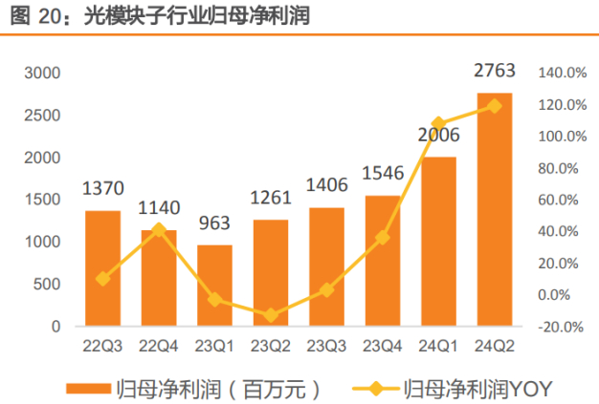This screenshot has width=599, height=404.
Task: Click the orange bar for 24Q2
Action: (x=494, y=210)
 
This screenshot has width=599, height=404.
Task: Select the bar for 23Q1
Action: (x=214, y=286)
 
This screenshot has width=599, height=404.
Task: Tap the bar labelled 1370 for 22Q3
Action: (x=102, y=268)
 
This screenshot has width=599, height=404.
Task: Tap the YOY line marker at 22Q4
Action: (x=159, y=230)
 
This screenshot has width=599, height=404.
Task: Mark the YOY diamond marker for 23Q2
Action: (x=271, y=315)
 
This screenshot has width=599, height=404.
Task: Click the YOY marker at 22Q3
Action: (x=102, y=279)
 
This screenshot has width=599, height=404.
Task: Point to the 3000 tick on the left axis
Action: (x=42, y=74)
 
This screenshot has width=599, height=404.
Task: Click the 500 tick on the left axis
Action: (x=48, y=285)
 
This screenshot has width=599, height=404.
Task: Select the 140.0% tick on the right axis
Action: (x=562, y=74)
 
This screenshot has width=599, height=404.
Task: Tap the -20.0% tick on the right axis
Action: (x=562, y=327)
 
